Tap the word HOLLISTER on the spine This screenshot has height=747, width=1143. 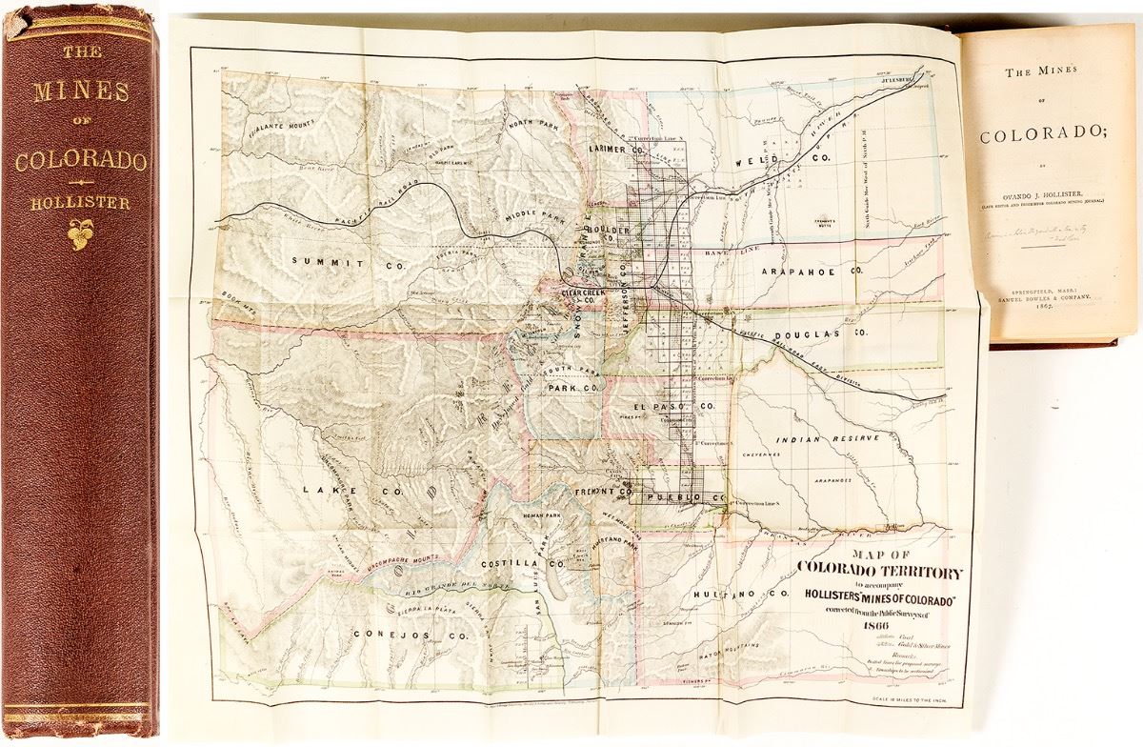[x=81, y=201]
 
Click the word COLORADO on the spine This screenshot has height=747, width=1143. [x=81, y=159]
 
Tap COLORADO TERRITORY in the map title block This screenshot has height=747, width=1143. [x=879, y=570]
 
